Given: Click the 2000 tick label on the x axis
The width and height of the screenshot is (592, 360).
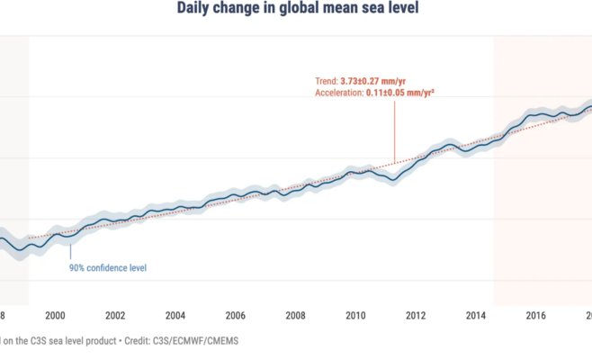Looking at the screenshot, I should [54, 315].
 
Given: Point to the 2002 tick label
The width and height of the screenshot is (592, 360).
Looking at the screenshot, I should [114, 315].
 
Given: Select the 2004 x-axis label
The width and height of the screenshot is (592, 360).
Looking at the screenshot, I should [175, 315].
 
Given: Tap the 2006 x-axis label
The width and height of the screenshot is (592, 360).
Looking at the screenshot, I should [235, 315].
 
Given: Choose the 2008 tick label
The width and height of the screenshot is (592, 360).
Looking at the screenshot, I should [295, 315].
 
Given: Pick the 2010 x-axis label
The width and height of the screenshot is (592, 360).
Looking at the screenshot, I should [355, 315].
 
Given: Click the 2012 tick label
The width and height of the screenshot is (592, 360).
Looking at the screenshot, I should [416, 315].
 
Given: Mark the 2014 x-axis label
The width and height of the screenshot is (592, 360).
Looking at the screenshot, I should [476, 315].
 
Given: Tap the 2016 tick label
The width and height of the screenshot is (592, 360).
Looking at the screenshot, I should [536, 315].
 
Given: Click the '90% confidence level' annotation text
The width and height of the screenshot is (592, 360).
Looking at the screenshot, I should [108, 267].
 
